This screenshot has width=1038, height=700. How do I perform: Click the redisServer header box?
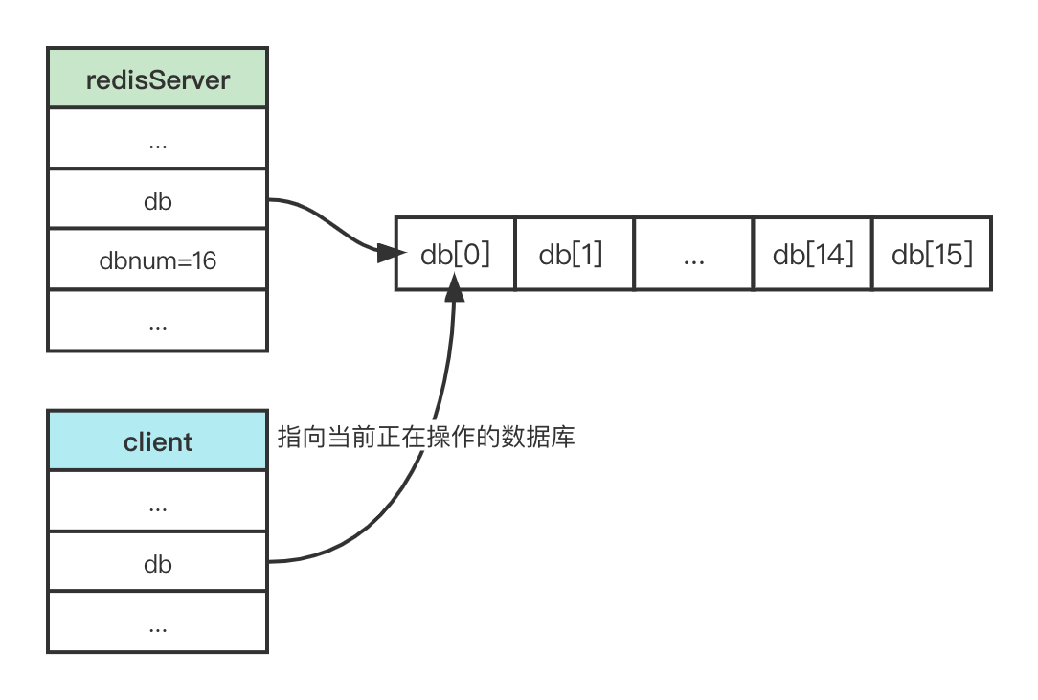(158, 79)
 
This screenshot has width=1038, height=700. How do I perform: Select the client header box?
(158, 441)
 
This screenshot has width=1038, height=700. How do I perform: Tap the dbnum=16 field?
(158, 260)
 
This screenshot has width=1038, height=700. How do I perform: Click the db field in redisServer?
(158, 200)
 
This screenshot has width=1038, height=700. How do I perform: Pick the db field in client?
(158, 563)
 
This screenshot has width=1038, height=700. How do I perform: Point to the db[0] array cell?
(456, 254)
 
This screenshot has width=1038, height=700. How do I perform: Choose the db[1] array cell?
(574, 254)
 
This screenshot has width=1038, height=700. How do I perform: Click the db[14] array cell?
(812, 254)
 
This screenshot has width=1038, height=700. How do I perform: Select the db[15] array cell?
(931, 254)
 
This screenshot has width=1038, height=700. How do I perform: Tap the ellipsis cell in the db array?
(693, 254)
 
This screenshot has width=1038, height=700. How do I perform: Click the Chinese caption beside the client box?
(426, 438)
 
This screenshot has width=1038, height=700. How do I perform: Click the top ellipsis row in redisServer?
(158, 140)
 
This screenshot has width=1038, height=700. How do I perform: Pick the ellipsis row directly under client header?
(158, 502)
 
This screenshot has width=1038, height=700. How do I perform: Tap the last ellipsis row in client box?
(158, 623)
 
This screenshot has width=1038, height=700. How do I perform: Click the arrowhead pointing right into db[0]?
(385, 253)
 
